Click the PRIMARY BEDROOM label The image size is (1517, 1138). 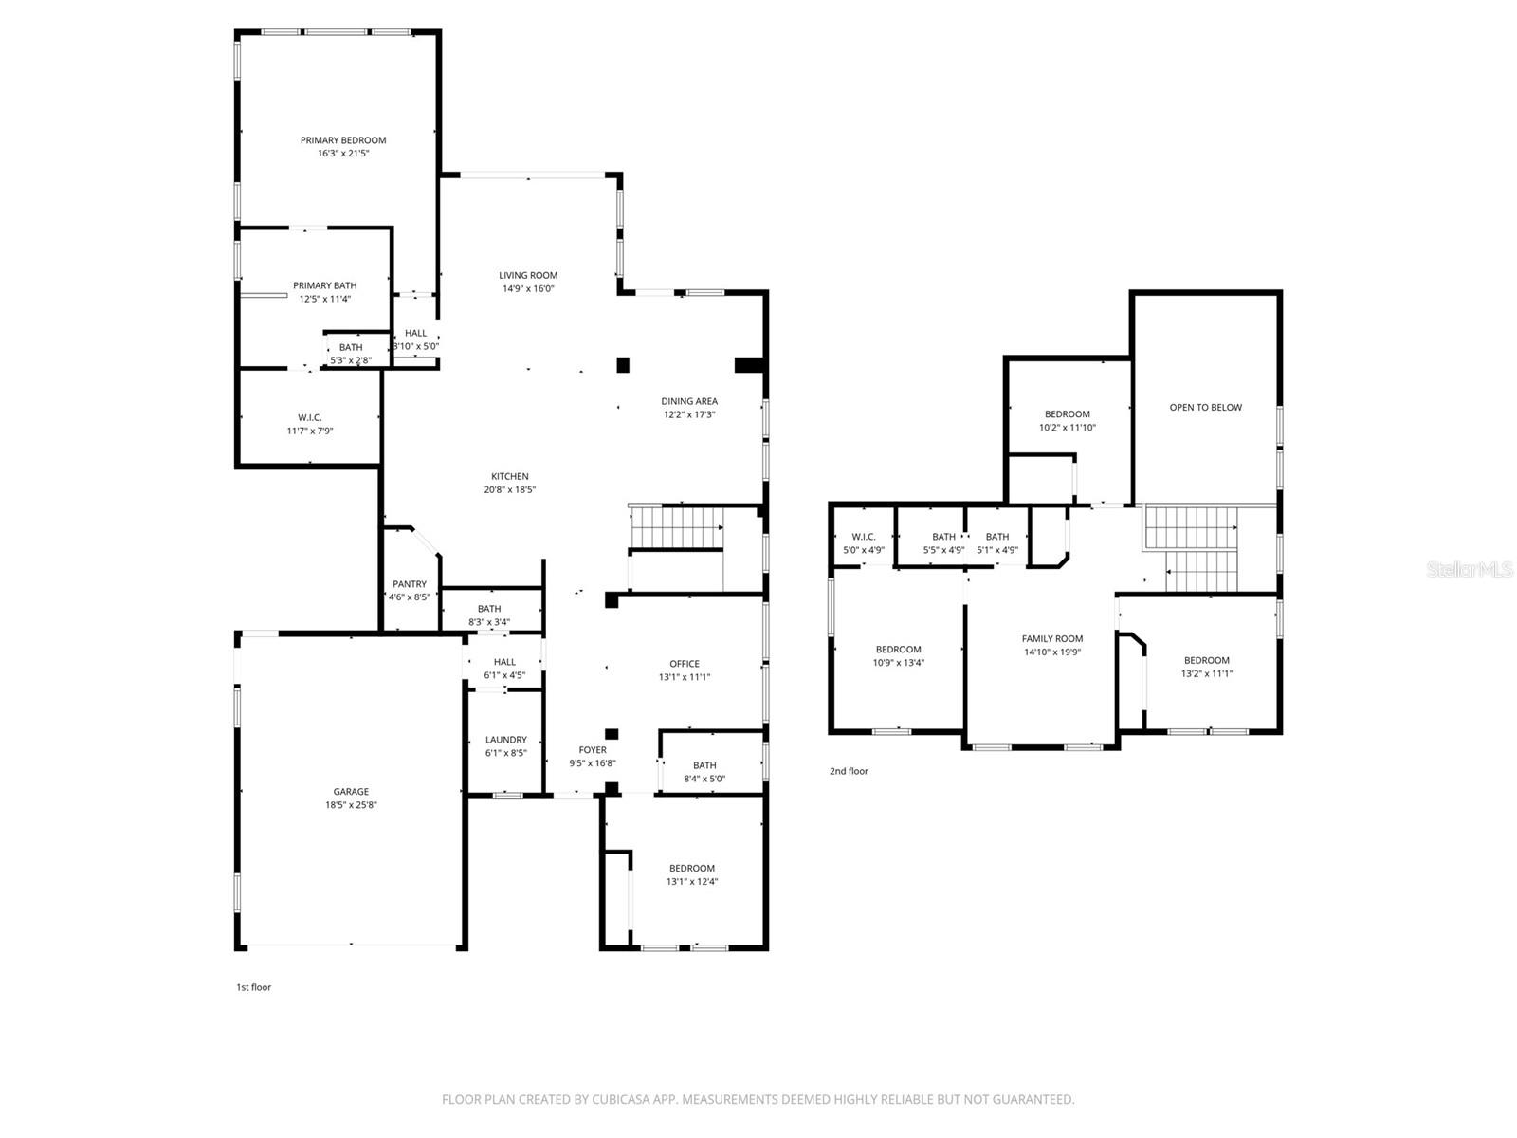click(343, 140)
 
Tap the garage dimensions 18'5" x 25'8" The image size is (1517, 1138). click(351, 805)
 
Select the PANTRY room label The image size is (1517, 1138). click(410, 584)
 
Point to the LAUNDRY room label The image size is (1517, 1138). click(505, 740)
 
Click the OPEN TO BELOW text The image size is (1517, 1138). click(1205, 408)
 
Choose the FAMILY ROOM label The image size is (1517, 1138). click(1051, 639)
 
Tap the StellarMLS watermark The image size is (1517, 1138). click(1469, 569)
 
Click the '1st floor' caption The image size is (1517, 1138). click(253, 987)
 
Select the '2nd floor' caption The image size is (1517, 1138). click(849, 771)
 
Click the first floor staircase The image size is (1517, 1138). click(677, 527)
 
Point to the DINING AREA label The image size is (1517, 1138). click(689, 401)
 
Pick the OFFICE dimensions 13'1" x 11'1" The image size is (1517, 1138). click(685, 677)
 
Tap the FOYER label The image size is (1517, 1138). click(593, 750)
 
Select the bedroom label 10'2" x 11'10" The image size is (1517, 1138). click(1068, 428)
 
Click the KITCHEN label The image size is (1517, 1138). click(510, 477)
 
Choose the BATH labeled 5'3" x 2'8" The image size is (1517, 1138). click(351, 348)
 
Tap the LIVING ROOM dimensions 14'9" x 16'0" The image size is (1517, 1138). click(528, 288)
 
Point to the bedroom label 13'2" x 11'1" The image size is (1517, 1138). click(1206, 674)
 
